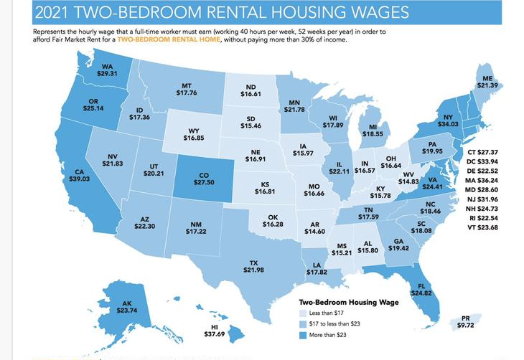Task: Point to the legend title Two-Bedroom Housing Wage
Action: [348, 302]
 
